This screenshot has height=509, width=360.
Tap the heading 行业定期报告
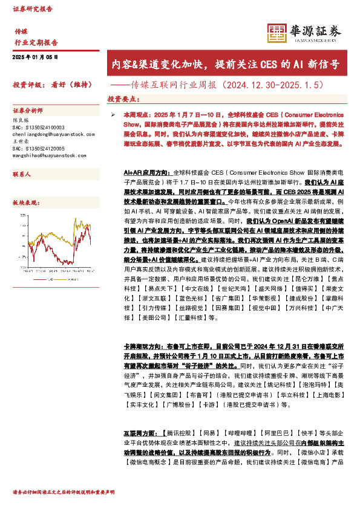click(x=36, y=43)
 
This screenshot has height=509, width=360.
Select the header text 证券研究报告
click(x=33, y=10)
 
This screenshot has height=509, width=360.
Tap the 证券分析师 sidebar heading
click(x=28, y=112)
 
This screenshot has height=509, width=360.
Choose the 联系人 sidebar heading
click(x=22, y=173)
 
